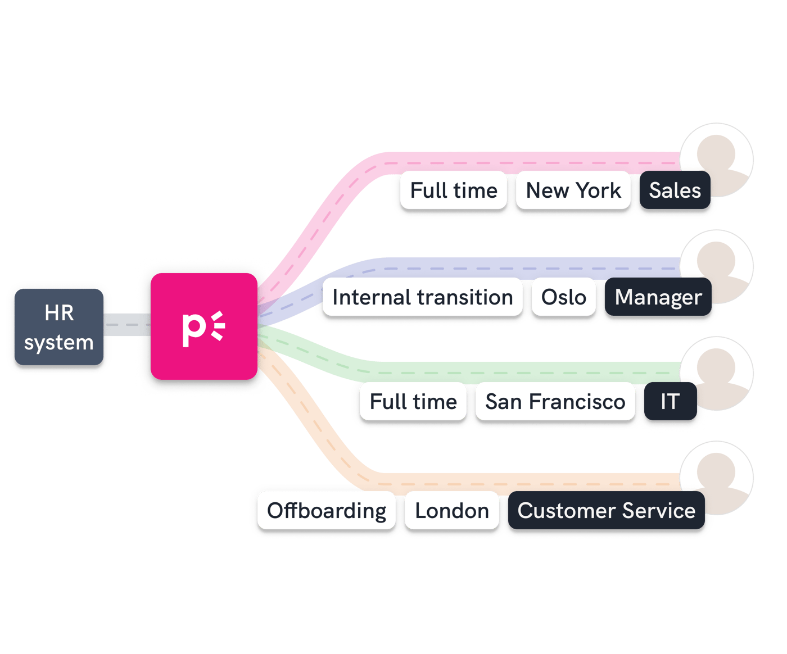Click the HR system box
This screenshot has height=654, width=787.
coord(58,327)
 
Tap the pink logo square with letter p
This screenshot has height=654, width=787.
coord(203,326)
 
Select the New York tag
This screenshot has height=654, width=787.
coord(573,190)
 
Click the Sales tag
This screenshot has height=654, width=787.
coord(675,190)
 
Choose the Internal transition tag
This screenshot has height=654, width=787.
coord(422,297)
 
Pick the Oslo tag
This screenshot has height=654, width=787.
coord(563,297)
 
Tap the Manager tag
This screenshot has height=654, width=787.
coord(658,297)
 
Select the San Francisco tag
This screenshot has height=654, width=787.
coord(555,402)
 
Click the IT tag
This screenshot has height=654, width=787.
coord(670,402)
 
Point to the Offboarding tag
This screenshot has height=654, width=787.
coord(326,511)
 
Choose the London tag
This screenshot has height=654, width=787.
coord(451,511)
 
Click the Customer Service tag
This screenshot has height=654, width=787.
coord(606,511)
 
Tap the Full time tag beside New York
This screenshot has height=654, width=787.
coord(454,190)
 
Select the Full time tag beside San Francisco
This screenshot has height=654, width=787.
coord(413,402)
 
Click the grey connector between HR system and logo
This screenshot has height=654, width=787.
coord(127,325)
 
